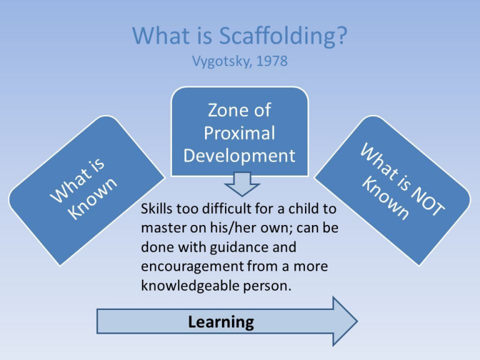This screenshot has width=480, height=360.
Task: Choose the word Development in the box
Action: [239, 155]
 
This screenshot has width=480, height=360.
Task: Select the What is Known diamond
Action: [87, 189]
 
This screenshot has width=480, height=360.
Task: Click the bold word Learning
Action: [221, 322]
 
